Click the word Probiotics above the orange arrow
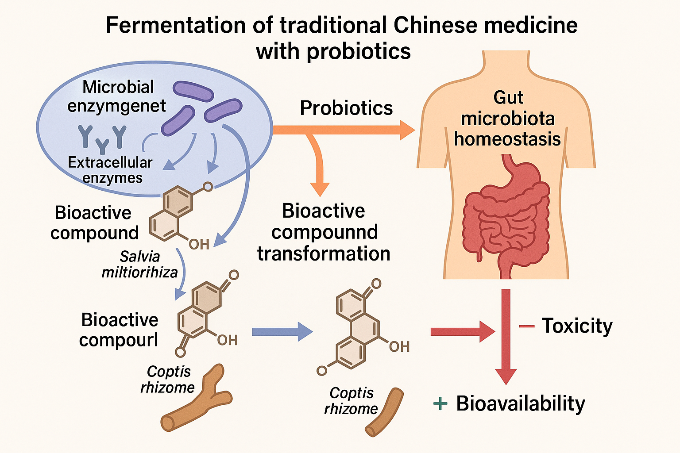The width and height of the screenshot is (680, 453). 346,108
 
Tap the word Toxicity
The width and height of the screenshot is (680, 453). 577,326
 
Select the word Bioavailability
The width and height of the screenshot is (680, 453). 521,403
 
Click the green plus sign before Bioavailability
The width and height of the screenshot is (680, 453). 440,403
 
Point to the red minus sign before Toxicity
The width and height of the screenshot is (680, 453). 527,326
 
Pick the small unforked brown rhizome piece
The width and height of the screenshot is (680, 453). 384,412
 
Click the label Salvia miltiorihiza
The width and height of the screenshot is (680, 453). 139,264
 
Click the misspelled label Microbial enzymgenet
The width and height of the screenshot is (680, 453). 117,96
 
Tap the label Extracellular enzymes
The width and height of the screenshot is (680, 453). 111,170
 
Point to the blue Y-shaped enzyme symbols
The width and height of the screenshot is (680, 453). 102,138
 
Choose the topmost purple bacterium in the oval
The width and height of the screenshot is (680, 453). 193,91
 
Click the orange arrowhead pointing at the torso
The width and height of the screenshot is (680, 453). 406,130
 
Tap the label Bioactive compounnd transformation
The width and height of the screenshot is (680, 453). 324,232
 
